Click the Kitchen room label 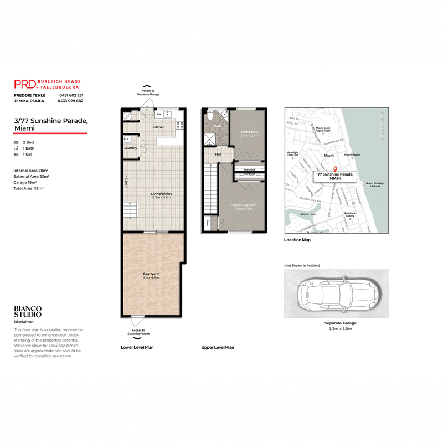(x=159, y=127)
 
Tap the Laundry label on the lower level (x=131, y=148)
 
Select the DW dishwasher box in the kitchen (x=159, y=115)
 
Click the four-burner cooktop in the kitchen (x=180, y=126)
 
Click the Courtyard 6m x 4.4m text (x=151, y=277)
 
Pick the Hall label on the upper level (x=218, y=154)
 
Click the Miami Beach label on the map (x=352, y=155)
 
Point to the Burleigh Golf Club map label (x=293, y=156)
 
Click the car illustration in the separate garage (x=337, y=295)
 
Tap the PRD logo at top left (x=25, y=84)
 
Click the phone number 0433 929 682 (x=71, y=101)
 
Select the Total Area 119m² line (x=29, y=188)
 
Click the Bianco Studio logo (x=28, y=311)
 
